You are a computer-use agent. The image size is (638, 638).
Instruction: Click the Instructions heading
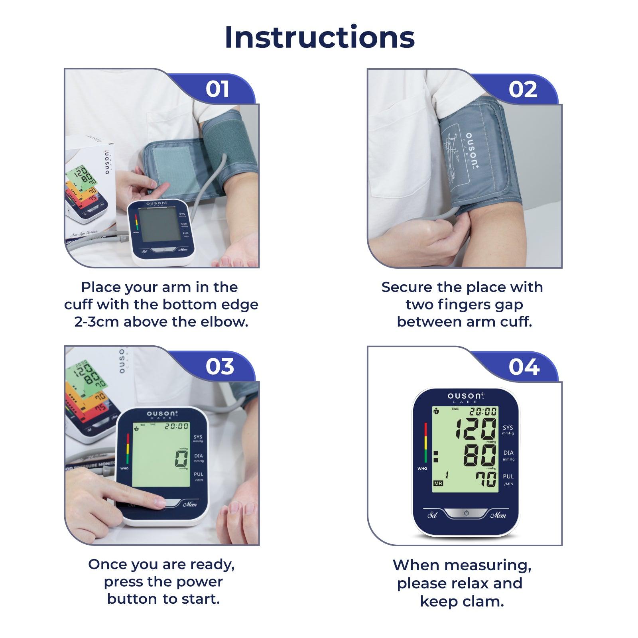point(319,37)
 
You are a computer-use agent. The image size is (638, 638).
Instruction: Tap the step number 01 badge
point(217,89)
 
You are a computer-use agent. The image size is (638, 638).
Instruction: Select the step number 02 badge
point(522,89)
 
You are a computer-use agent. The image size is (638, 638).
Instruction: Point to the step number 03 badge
point(220,366)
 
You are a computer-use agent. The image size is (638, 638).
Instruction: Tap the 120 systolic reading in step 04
point(476,429)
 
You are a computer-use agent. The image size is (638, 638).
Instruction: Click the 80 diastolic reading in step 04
point(480,455)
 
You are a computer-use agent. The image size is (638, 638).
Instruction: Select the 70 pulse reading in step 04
point(486,479)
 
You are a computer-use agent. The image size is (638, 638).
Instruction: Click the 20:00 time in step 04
point(482,412)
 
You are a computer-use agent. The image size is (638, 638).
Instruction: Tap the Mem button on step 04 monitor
point(498,515)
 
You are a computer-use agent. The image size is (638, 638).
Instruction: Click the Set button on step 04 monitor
point(432,515)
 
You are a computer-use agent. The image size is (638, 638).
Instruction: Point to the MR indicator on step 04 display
point(438,483)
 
